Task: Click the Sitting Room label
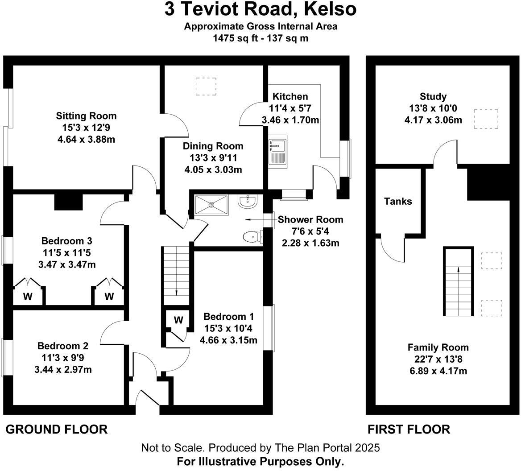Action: coord(87,116)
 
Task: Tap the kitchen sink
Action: coord(278,152)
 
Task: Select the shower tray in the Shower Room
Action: coord(211,205)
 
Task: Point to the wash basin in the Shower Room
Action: coord(248,202)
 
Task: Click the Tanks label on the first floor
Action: coord(398,201)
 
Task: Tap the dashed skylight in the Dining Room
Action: coord(206,87)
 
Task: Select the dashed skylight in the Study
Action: coord(486,119)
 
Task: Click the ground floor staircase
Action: coord(176,276)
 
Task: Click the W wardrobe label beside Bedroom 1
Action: coord(178,320)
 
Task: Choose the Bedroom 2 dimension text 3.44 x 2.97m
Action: coord(63,369)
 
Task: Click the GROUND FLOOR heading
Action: coord(57,429)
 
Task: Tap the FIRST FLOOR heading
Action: coord(409,429)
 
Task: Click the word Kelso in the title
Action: coord(330,9)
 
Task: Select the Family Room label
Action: coord(438,347)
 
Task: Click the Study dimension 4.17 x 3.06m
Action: coord(433,120)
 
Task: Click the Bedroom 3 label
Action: coord(67,241)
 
